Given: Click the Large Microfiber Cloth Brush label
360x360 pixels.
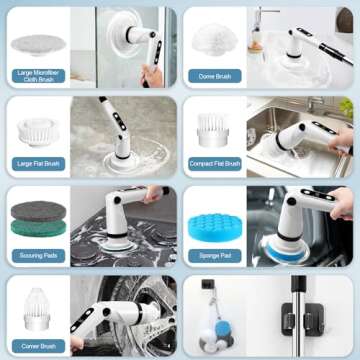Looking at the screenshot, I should pos(36,76).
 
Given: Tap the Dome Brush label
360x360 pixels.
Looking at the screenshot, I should pos(214,76).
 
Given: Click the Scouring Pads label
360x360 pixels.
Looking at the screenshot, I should pos(36,255).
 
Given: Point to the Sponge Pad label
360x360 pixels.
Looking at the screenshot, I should pos(214,255).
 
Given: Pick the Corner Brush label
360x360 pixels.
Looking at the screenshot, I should pos(36,343).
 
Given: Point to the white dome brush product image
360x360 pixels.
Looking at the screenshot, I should pos(213,36).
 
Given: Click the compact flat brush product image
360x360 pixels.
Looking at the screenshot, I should pos(214,127).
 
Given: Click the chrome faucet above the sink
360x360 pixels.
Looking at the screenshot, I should pos(266,22).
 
